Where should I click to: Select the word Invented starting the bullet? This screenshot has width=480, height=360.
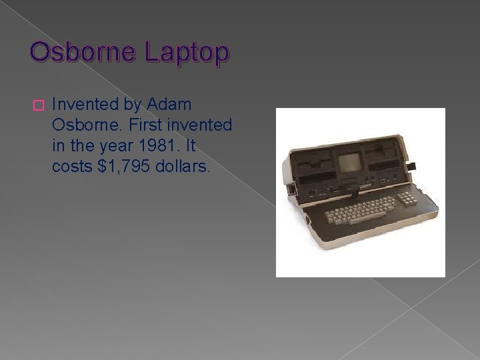click(85, 104)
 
